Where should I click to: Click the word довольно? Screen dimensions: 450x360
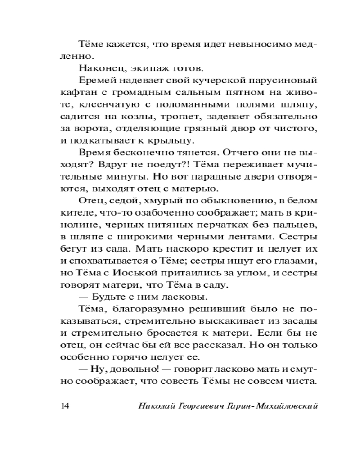[133, 370]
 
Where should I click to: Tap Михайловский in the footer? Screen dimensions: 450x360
[286, 405]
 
